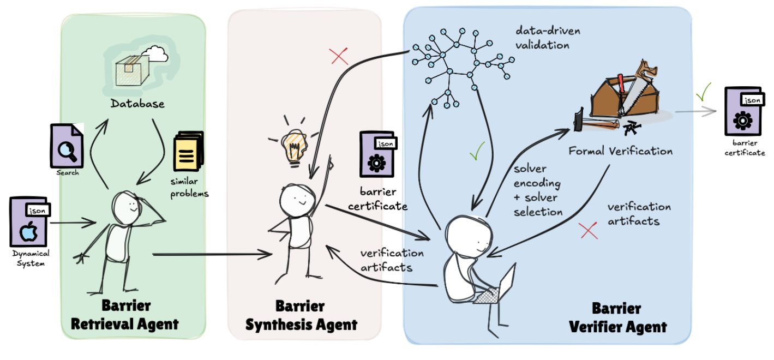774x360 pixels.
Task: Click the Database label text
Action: tap(137, 103)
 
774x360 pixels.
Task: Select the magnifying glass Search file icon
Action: tap(67, 145)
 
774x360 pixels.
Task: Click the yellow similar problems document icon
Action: tap(188, 152)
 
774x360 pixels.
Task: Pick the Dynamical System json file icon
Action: tap(29, 222)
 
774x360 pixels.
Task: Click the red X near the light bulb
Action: tap(339, 56)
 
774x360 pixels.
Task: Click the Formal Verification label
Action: tap(621, 151)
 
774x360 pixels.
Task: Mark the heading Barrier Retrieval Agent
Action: tap(125, 315)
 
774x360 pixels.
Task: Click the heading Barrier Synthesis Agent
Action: tap(301, 316)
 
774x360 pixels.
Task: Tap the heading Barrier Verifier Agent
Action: tap(618, 317)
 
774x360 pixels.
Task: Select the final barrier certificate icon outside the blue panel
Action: tap(742, 111)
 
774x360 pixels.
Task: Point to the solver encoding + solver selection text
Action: tap(537, 190)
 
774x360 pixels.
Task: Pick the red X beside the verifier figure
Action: tap(589, 231)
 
